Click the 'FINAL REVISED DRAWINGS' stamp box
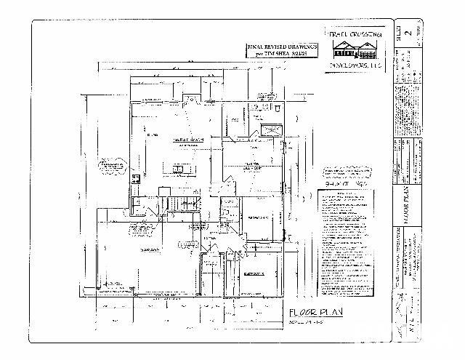[x=279, y=49]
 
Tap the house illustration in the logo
[x=355, y=49]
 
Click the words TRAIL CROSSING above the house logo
[x=355, y=34]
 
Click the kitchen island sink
[x=178, y=169]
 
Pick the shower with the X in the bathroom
[x=271, y=132]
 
